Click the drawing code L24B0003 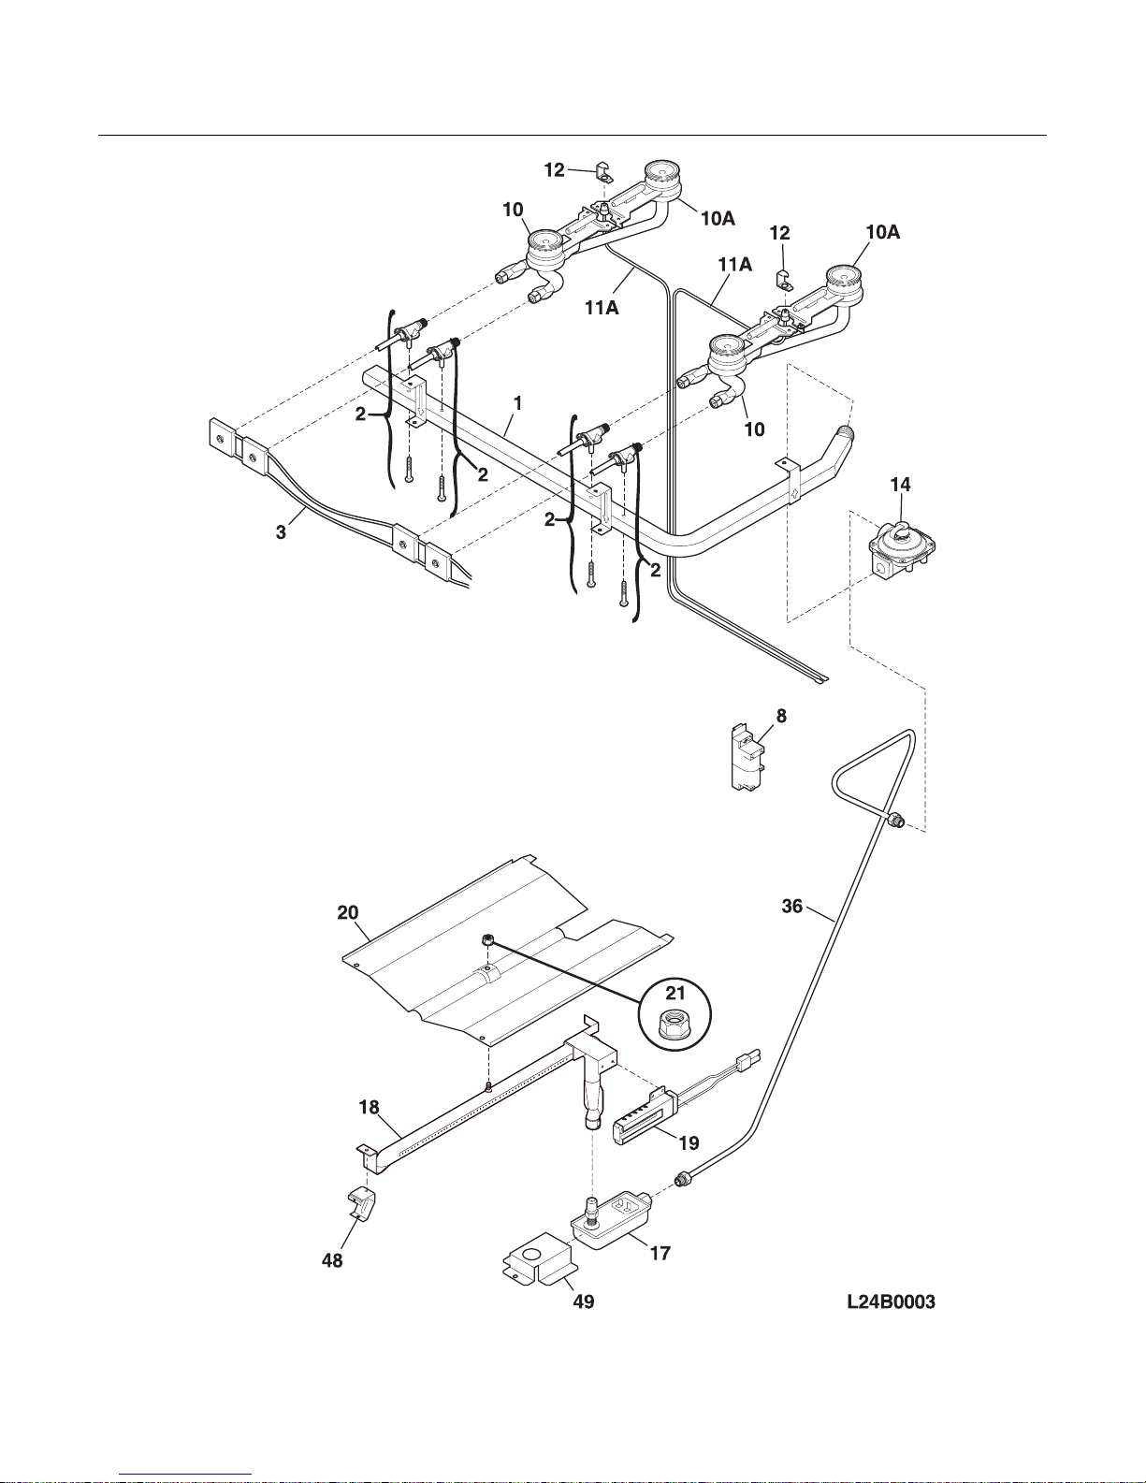click(x=891, y=1301)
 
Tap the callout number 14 click(x=900, y=484)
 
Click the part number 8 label click(x=781, y=716)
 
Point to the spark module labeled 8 click(x=747, y=758)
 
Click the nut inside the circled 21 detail click(x=674, y=1025)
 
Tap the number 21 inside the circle click(x=675, y=992)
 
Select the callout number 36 click(x=792, y=906)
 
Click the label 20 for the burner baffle click(x=347, y=912)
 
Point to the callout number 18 click(x=369, y=1107)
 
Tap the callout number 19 click(x=689, y=1142)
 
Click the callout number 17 click(x=660, y=1253)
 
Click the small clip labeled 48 click(x=361, y=1204)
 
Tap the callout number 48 click(x=332, y=1260)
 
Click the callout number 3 click(x=281, y=532)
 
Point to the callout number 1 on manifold click(x=517, y=403)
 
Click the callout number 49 click(x=583, y=1301)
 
